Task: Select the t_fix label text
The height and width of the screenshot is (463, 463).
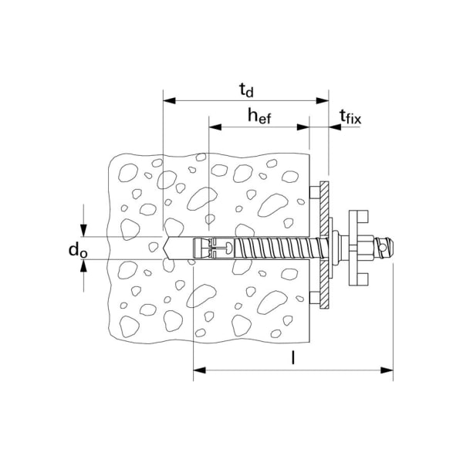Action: click(x=350, y=117)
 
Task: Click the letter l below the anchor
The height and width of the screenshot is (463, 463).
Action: click(x=293, y=358)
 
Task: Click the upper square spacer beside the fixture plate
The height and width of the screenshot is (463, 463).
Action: click(x=312, y=191)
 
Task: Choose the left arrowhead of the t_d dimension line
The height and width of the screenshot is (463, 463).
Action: click(x=168, y=101)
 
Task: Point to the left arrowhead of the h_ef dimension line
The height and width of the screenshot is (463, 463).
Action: click(x=214, y=127)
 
